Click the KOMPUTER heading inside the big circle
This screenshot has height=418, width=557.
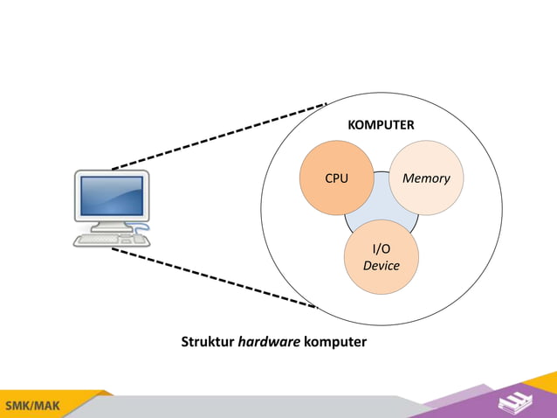[381, 125]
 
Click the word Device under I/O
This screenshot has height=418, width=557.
[381, 266]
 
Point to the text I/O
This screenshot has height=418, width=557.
[382, 249]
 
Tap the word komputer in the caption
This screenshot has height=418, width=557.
[334, 341]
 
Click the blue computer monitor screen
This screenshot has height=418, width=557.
[112, 197]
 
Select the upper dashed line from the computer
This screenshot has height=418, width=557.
[218, 136]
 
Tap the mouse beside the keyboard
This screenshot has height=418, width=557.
[139, 238]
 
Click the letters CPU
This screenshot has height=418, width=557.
[337, 178]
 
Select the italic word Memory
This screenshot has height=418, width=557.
[426, 178]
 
